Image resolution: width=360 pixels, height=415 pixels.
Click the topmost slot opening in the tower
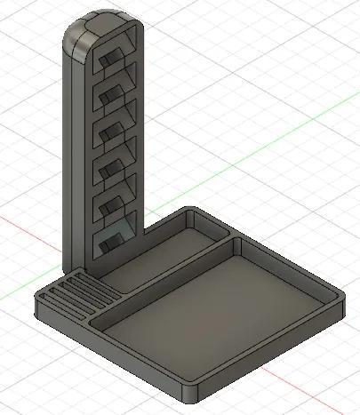pyautogui.click(x=113, y=60)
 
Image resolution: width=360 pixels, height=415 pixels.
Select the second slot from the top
pyautogui.click(x=115, y=92)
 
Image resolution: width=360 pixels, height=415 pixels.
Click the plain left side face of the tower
pyautogui.click(x=75, y=160)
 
